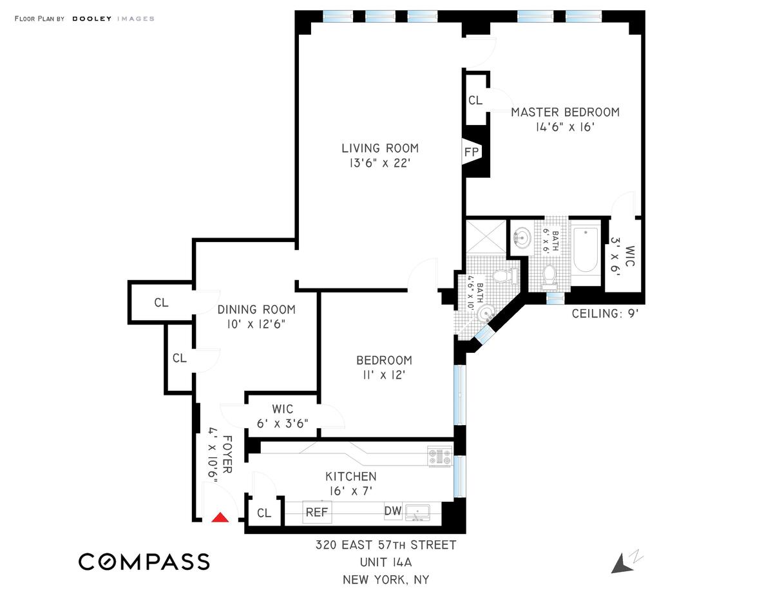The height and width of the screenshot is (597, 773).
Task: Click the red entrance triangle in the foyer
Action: click(x=220, y=517)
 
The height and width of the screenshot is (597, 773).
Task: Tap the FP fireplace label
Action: click(x=472, y=152)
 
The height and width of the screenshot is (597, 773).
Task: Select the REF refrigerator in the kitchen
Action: click(x=317, y=512)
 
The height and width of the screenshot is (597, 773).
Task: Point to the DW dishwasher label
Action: click(x=393, y=511)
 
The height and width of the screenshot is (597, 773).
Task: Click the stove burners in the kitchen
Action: click(x=440, y=456)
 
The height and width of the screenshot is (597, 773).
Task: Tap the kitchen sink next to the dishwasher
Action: click(x=417, y=513)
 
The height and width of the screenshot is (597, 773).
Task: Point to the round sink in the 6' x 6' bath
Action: click(x=522, y=238)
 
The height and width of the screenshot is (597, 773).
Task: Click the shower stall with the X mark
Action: click(x=486, y=236)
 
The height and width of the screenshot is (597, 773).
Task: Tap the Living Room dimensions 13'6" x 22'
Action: click(x=380, y=163)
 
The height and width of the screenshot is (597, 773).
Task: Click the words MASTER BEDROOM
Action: click(x=565, y=112)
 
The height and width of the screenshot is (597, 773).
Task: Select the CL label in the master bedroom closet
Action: click(x=475, y=100)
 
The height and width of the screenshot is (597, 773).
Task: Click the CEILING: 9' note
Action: click(x=605, y=314)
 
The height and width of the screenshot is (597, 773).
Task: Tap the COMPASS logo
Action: click(x=144, y=562)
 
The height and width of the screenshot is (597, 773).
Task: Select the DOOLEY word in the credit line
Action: click(x=91, y=19)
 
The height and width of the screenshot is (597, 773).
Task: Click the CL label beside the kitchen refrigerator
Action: click(x=264, y=513)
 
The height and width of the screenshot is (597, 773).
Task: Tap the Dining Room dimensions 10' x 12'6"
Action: click(x=256, y=325)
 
